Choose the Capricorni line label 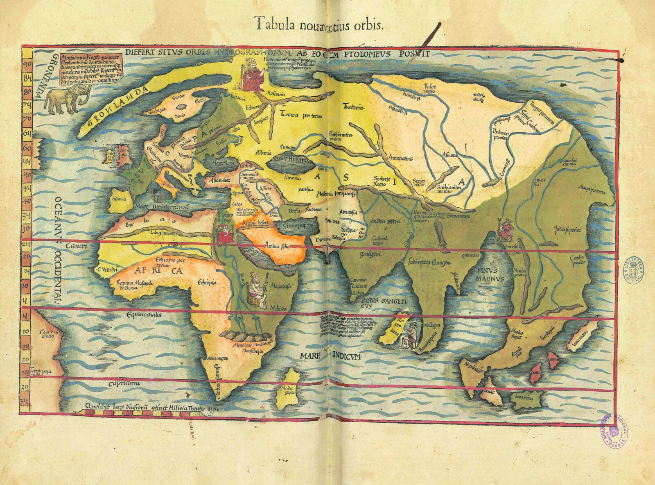[124, 383]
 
